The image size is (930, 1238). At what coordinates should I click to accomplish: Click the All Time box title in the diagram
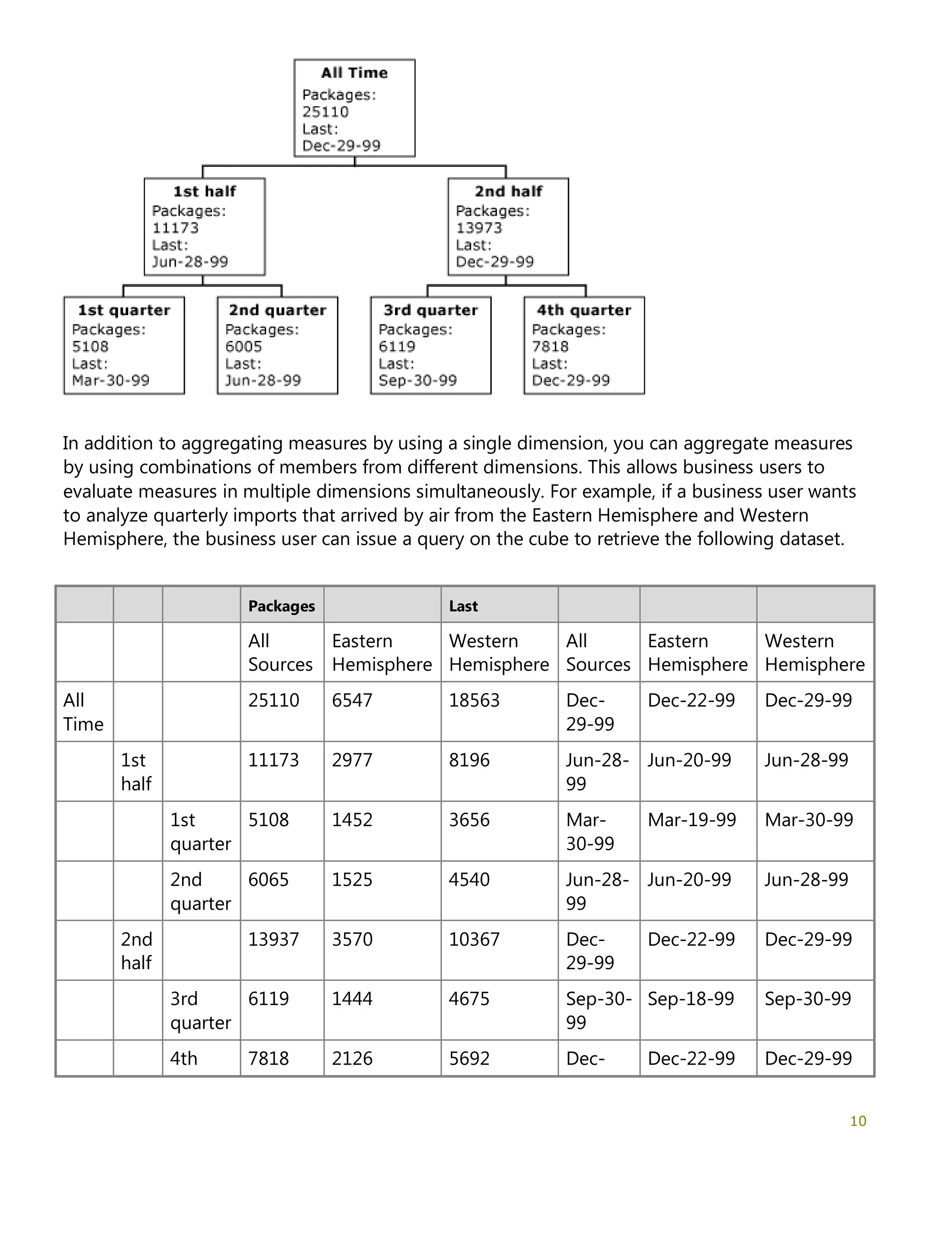[354, 73]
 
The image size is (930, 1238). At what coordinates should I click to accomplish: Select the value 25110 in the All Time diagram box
[325, 112]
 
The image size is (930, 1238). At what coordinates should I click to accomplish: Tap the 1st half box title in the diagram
[204, 191]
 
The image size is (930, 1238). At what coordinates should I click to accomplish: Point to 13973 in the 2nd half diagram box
[479, 228]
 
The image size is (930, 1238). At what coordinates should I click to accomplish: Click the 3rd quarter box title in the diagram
[430, 310]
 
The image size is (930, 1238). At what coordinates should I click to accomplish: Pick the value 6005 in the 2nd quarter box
[243, 347]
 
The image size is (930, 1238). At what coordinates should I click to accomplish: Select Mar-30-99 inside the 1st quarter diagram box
[111, 381]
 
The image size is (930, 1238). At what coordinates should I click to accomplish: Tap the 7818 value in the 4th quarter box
[550, 347]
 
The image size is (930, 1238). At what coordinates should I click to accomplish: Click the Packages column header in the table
[282, 606]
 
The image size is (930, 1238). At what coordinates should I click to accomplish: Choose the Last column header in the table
[463, 606]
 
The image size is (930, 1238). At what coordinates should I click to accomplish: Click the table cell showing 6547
[352, 700]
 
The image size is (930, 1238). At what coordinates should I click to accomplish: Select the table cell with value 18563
[474, 700]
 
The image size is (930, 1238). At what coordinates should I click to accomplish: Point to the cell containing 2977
[352, 760]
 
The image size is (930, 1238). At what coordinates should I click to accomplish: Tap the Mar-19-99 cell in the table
[692, 820]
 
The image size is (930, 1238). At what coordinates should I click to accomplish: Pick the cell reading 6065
[268, 880]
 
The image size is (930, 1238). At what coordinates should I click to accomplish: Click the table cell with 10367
[474, 939]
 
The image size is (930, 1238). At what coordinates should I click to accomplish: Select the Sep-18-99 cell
[691, 999]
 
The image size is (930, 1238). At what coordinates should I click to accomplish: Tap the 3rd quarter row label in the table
[200, 1011]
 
